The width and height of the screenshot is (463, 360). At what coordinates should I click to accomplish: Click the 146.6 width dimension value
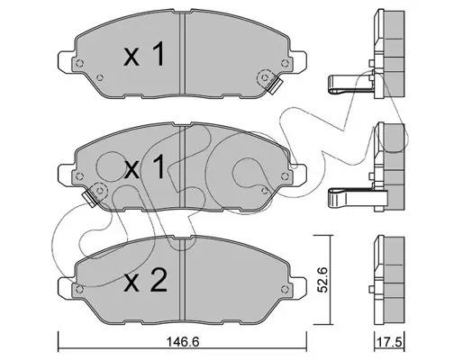(182, 341)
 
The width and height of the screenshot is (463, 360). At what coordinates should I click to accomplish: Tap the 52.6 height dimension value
(322, 280)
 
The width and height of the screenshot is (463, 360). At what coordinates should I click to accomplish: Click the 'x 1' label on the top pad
(144, 54)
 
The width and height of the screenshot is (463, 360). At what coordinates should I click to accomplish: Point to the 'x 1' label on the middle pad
(145, 166)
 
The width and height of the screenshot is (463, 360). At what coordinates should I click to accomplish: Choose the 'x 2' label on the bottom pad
(145, 280)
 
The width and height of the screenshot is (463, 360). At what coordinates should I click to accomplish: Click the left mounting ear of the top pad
(66, 62)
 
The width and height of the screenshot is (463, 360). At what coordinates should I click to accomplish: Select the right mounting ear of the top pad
(298, 62)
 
